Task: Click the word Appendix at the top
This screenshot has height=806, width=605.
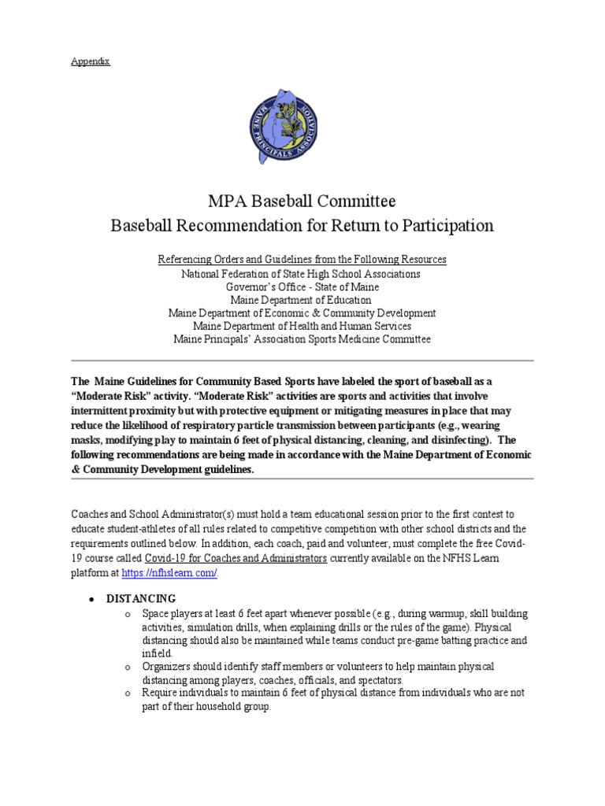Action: click(91, 61)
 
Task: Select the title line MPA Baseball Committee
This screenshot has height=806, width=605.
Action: click(302, 201)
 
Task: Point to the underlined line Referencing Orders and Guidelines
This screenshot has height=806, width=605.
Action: click(302, 259)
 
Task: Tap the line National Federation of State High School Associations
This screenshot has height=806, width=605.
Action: click(302, 273)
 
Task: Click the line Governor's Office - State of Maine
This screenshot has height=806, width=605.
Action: click(302, 287)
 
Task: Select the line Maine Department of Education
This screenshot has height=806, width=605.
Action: click(302, 300)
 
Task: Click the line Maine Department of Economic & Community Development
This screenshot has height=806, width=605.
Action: click(302, 312)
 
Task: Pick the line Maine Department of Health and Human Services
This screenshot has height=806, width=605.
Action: click(302, 326)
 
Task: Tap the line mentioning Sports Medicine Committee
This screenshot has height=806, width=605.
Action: click(302, 339)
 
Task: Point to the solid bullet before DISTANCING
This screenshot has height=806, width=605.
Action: click(92, 600)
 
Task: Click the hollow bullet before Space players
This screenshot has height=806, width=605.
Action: click(129, 614)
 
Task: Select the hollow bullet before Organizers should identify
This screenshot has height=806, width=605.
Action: click(129, 667)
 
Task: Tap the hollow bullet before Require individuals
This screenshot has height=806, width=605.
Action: click(129, 693)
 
